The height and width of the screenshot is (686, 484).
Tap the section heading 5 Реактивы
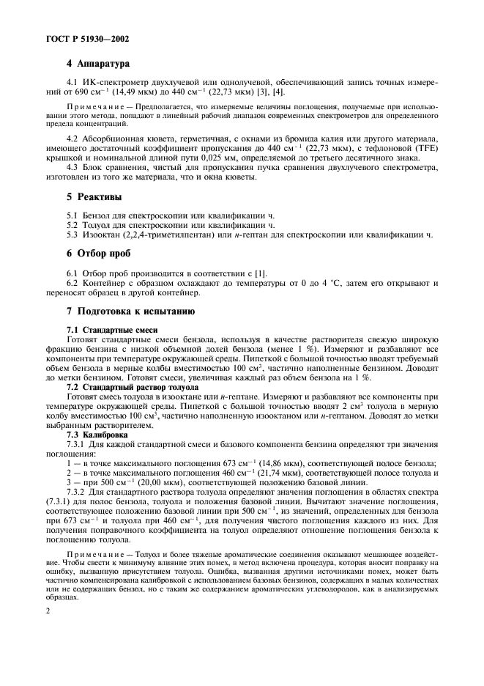pos(94,197)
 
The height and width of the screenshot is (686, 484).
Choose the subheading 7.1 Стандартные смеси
pos(112,330)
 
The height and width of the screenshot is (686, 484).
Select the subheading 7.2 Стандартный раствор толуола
pos(133,386)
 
